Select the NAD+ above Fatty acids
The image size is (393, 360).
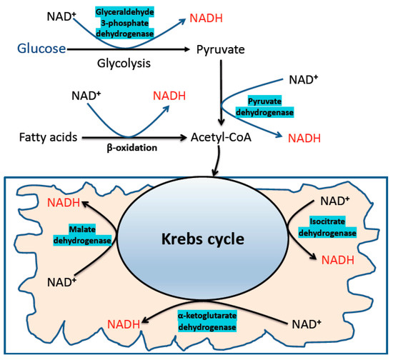87,95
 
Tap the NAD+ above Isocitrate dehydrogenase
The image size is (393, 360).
334,201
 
